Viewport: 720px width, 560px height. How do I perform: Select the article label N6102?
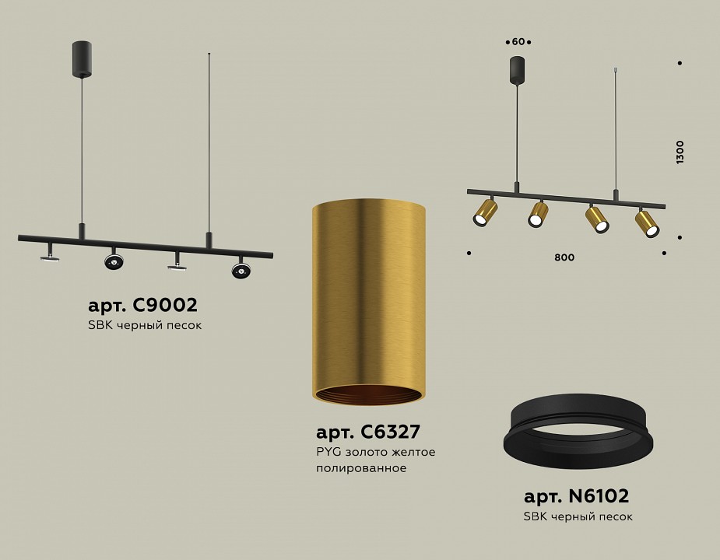tap(576, 495)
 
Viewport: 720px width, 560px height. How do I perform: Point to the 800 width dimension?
tap(565, 257)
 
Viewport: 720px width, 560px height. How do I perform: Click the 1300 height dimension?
tap(680, 152)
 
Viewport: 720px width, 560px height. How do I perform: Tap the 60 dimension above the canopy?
tap(518, 41)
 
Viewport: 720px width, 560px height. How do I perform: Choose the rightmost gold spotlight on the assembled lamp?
tap(648, 223)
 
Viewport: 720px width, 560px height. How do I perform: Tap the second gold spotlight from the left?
tap(538, 213)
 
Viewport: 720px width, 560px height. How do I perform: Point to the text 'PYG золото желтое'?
tap(375, 452)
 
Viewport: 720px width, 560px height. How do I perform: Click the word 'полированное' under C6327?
tap(361, 469)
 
